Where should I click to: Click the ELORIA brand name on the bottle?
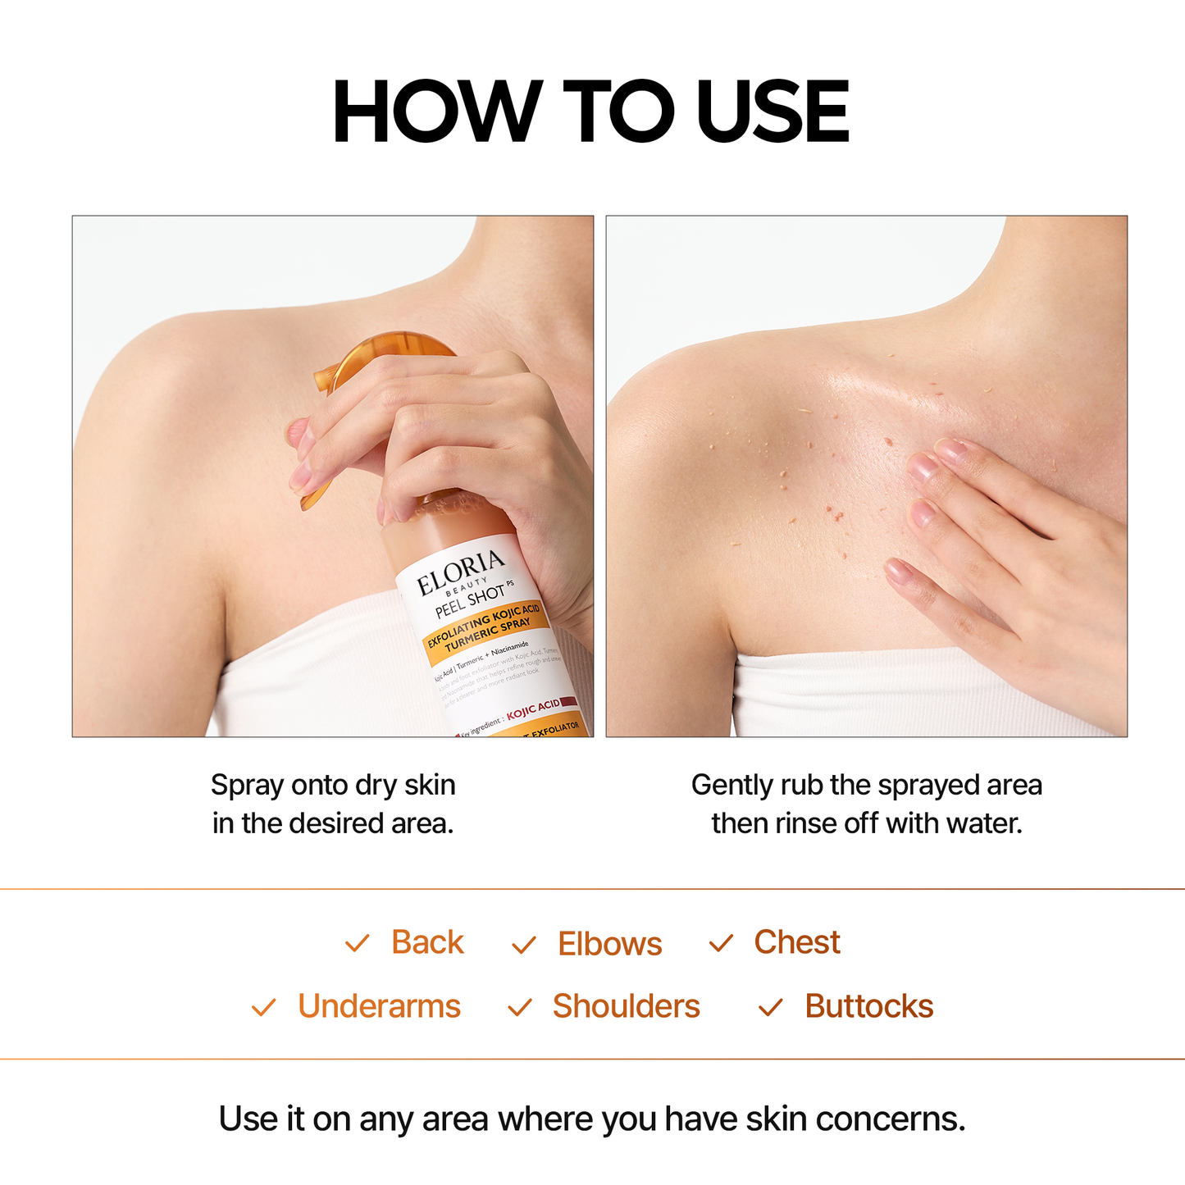click(x=461, y=572)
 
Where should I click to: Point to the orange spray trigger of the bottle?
click(x=385, y=361)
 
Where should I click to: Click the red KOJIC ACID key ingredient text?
click(x=533, y=709)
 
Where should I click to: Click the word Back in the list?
click(x=427, y=942)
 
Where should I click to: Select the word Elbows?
click(x=609, y=944)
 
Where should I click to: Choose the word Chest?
click(x=796, y=942)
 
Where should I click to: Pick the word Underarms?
click(x=379, y=1006)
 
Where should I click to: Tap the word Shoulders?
click(x=626, y=1006)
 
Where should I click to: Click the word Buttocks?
click(x=868, y=1006)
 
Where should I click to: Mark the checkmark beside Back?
click(x=358, y=943)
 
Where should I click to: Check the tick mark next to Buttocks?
click(x=771, y=1007)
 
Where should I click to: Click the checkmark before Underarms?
click(x=264, y=1007)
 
